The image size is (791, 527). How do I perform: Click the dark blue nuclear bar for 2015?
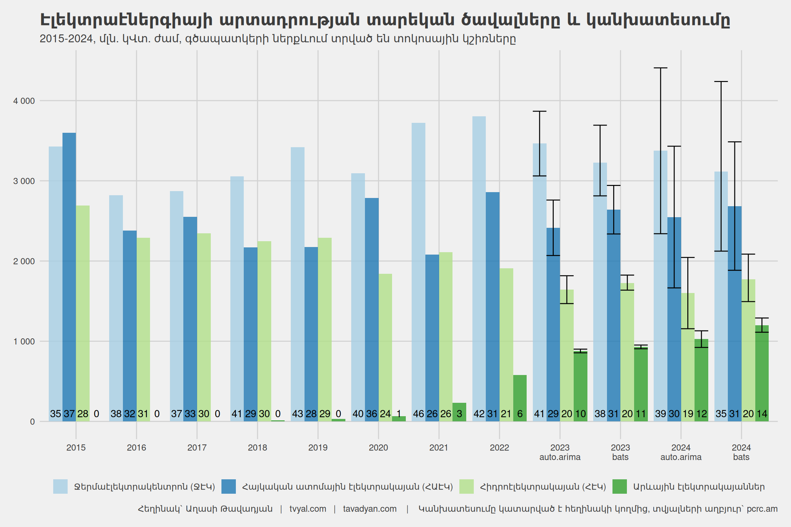point(69,274)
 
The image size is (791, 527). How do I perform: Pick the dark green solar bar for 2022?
point(520,395)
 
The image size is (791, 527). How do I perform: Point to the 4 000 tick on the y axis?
point(24,101)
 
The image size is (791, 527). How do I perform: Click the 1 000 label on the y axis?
point(24,342)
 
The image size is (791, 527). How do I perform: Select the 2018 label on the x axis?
point(257,448)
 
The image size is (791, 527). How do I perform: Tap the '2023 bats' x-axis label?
point(620,452)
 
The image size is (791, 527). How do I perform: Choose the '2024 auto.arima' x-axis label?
point(681,452)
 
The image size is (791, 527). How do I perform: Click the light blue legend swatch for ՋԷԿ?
point(60,487)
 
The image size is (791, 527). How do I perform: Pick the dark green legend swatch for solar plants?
point(619,487)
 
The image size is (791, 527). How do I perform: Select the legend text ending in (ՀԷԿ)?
point(543,487)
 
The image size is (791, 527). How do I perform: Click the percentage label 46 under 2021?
point(419,414)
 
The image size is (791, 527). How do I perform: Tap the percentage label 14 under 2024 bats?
point(762,414)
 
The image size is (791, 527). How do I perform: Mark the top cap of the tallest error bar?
point(661,68)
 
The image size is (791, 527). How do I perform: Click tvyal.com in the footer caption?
point(308,509)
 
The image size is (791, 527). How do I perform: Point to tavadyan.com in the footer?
point(370,509)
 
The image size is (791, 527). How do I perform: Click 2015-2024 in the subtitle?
point(67,38)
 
